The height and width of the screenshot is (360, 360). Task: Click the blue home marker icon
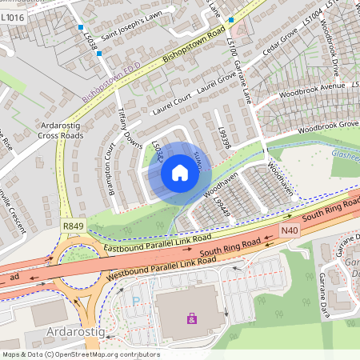(180, 172)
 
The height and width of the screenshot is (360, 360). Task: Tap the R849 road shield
(71, 227)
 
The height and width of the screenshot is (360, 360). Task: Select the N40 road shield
(290, 230)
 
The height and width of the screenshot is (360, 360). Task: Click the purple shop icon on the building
(191, 319)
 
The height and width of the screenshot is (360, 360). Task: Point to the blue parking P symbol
(135, 302)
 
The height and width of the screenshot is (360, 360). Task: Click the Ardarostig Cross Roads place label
(60, 130)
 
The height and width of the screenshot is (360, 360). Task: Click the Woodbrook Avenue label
(316, 86)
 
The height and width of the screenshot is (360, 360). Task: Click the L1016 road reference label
(12, 16)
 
